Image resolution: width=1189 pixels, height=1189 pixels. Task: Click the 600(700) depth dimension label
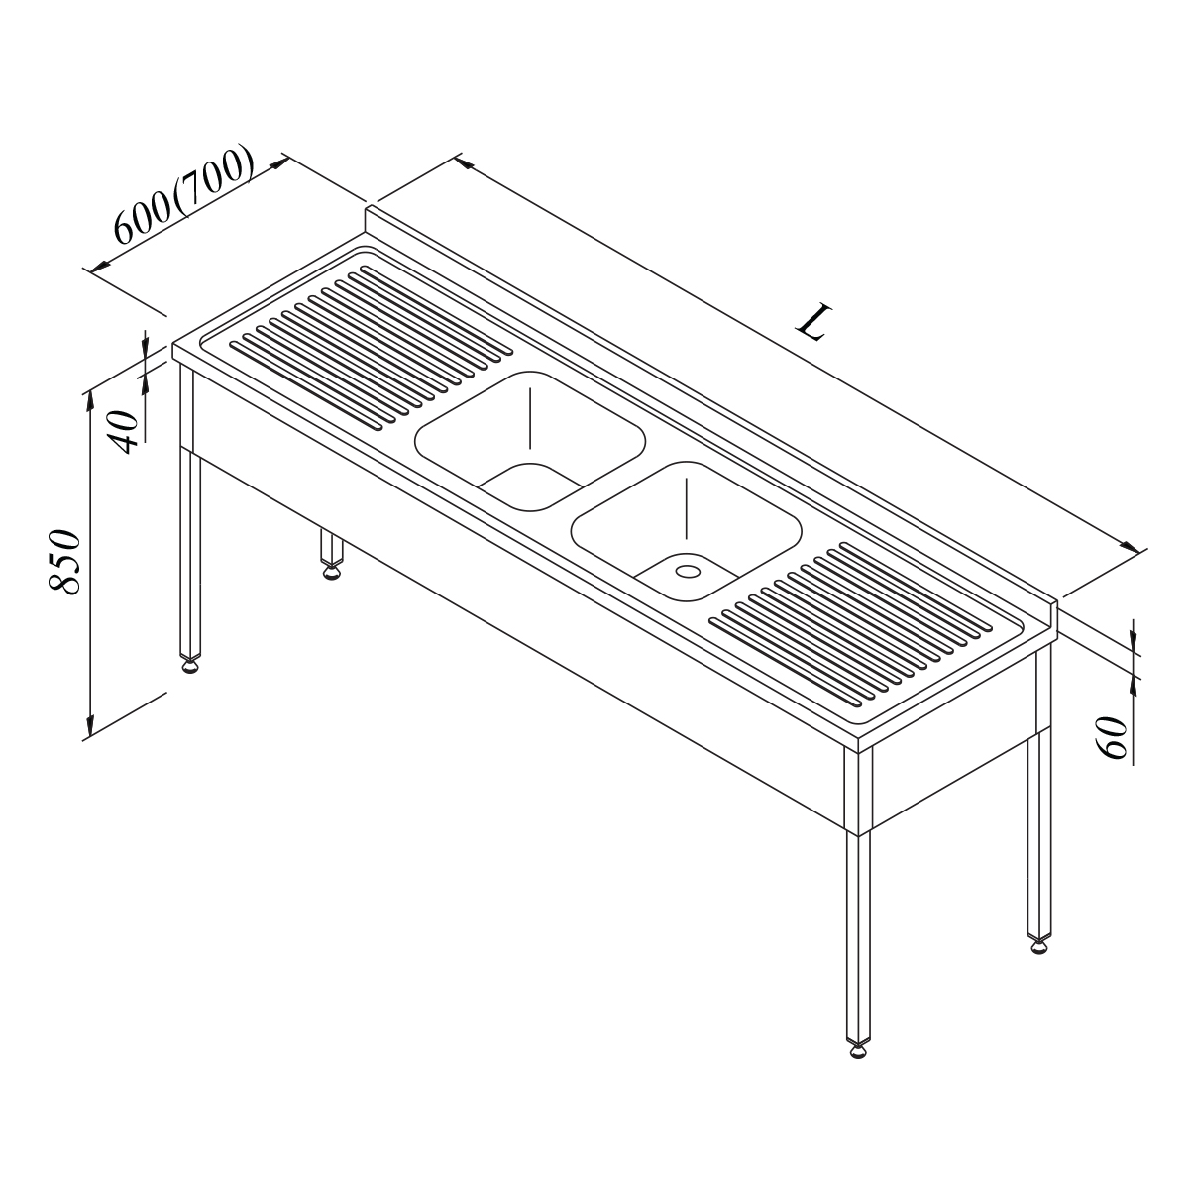click(x=183, y=194)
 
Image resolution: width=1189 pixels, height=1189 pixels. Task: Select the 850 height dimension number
click(x=64, y=561)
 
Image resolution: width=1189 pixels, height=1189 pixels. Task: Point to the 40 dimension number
click(x=123, y=432)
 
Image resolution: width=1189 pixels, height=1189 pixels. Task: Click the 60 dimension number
click(x=1112, y=737)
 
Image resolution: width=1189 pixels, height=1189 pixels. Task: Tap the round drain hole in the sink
click(x=688, y=571)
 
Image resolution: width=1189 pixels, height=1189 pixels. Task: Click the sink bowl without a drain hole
click(x=530, y=441)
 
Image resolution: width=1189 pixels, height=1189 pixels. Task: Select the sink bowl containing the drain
click(x=686, y=531)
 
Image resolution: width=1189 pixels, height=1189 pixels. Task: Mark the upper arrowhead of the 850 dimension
click(x=90, y=401)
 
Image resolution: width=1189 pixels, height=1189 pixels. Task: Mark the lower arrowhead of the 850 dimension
click(x=90, y=725)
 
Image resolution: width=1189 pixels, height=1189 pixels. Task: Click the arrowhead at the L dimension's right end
click(x=1130, y=547)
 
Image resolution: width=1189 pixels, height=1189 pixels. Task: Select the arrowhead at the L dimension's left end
click(x=463, y=162)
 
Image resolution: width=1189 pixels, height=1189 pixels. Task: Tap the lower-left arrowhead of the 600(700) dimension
click(x=100, y=266)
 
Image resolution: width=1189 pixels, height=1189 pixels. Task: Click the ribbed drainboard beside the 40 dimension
click(x=371, y=347)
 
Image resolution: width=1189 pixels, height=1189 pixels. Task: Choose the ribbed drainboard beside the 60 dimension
click(x=851, y=624)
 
